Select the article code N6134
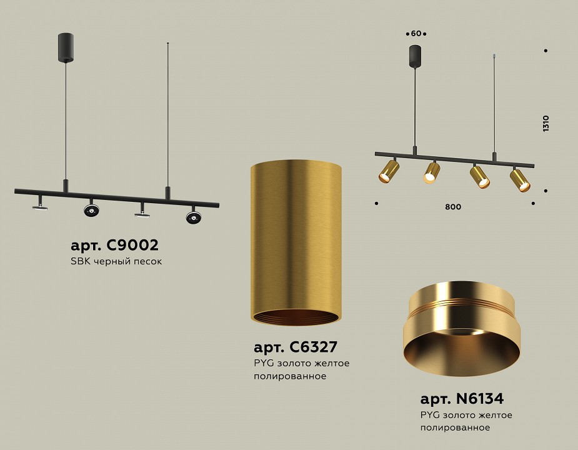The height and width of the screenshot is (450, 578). [x=461, y=398]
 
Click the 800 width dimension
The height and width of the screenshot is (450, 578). [x=454, y=207]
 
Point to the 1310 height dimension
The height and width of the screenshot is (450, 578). [x=546, y=123]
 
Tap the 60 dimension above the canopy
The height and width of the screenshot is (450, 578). [x=416, y=33]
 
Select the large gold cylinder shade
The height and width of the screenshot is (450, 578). [x=296, y=237]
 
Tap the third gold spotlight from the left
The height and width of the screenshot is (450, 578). [x=480, y=176]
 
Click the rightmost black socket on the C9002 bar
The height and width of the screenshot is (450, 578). [x=194, y=217]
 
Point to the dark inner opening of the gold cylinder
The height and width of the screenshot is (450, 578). [x=296, y=317]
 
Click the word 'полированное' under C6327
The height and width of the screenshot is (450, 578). [x=290, y=377]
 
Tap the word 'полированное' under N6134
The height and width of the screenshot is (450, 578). [x=456, y=427]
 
